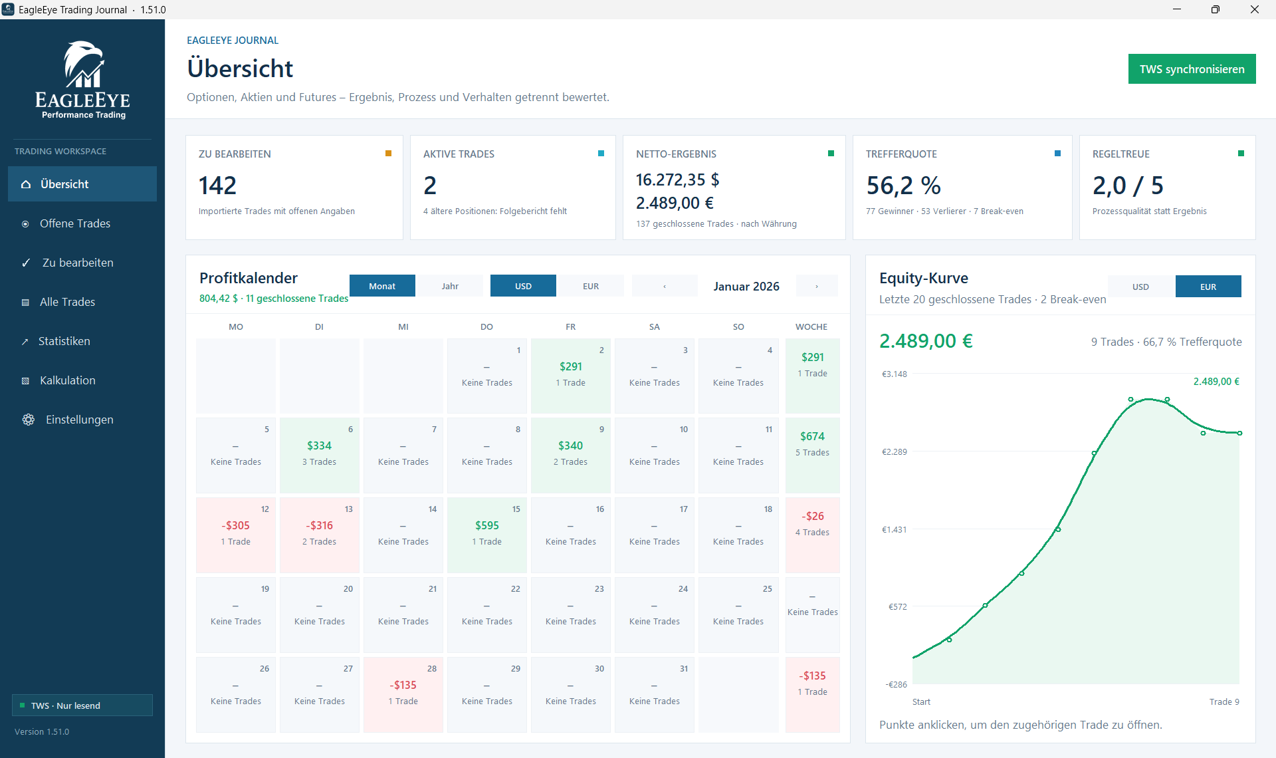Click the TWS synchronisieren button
[1192, 69]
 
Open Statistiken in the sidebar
[64, 341]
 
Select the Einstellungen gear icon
[29, 420]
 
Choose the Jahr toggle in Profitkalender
[450, 286]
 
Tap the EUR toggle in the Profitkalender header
[591, 286]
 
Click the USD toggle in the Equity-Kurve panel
[1140, 287]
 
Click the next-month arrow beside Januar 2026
[817, 286]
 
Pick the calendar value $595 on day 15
[487, 525]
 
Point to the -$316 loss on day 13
[320, 525]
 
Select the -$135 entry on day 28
[403, 685]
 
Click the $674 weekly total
[813, 436]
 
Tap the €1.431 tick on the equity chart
[894, 529]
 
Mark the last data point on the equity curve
[1239, 433]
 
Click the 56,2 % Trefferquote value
[904, 186]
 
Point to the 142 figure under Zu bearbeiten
[217, 186]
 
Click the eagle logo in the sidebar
[83, 64]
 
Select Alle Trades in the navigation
[67, 302]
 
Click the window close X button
[1255, 9]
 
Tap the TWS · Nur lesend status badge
[82, 705]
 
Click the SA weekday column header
[655, 326]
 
